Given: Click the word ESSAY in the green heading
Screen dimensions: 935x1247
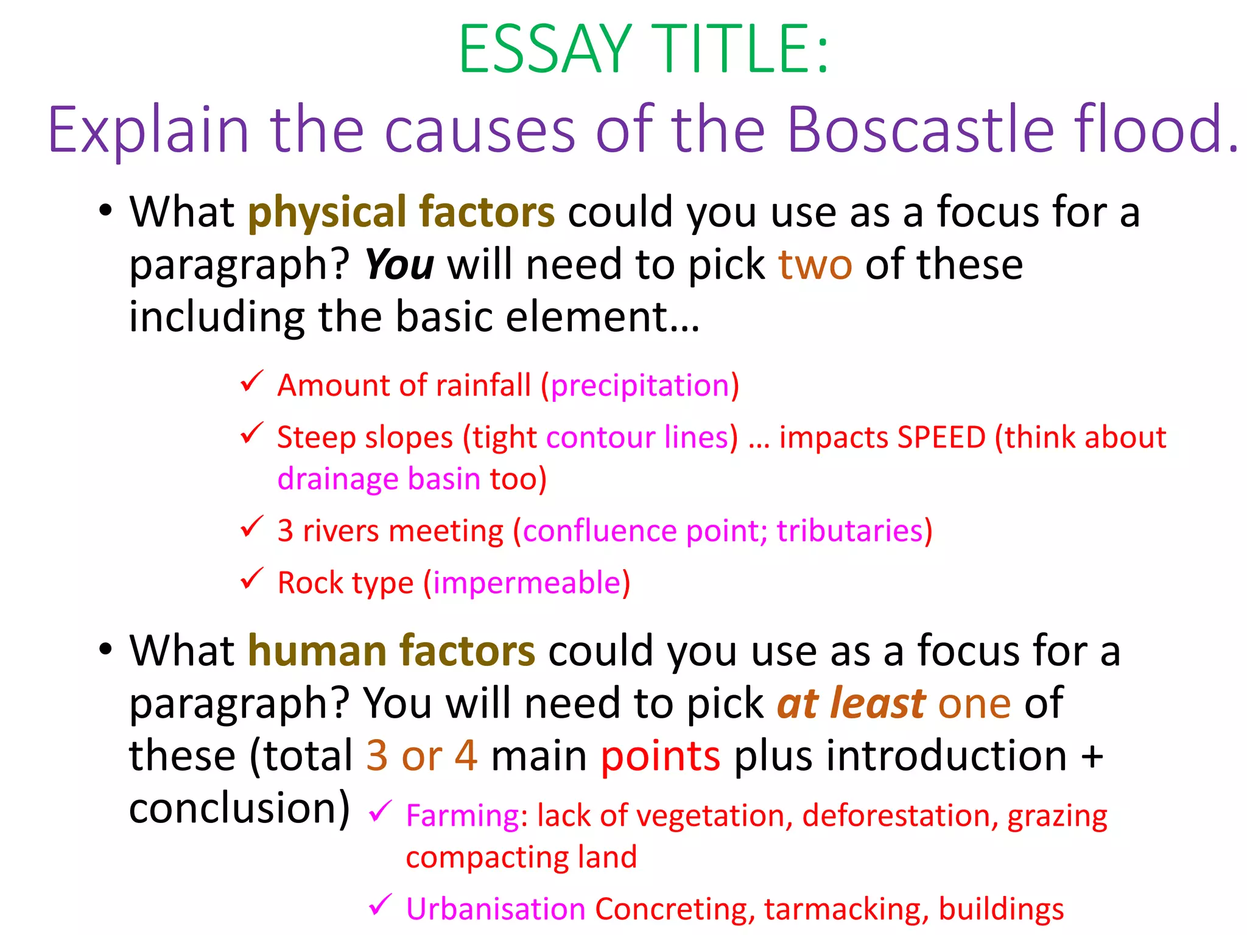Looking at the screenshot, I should [x=546, y=50].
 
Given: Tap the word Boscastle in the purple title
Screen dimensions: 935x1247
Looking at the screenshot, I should [x=920, y=130].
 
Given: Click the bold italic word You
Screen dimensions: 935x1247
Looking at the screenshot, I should [x=399, y=265].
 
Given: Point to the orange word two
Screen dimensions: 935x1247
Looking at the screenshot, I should [x=815, y=265].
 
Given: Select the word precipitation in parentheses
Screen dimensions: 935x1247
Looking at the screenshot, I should [x=640, y=386].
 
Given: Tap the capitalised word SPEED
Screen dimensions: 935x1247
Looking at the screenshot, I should [x=941, y=438].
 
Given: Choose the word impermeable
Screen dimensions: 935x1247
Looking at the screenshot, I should [x=527, y=583].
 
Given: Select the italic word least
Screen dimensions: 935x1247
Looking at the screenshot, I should [x=878, y=703].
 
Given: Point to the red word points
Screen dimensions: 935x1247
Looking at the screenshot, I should [x=661, y=755].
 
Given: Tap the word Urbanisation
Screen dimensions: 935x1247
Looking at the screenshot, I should [x=496, y=909].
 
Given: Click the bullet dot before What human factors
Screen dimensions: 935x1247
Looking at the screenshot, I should [x=105, y=649].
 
